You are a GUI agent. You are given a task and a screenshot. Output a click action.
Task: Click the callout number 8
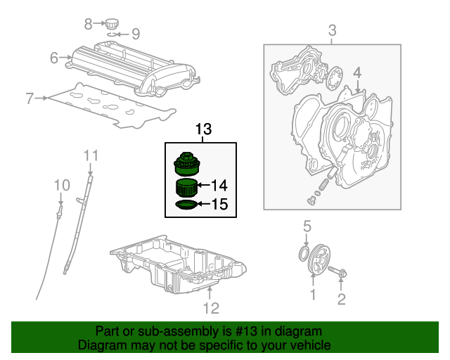(x=88, y=24)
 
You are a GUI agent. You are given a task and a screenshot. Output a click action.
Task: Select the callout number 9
(x=136, y=33)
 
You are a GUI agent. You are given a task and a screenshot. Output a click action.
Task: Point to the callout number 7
(x=30, y=98)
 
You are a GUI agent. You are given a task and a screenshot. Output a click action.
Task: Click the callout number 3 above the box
(x=333, y=30)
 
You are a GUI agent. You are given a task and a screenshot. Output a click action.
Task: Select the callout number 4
(x=357, y=72)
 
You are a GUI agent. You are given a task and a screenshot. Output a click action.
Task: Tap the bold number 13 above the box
(x=202, y=129)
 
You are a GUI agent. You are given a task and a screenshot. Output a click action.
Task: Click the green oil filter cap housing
(x=187, y=164)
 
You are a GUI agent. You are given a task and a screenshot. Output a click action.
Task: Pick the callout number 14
(x=219, y=186)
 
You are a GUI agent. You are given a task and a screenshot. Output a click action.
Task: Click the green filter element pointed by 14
(x=186, y=188)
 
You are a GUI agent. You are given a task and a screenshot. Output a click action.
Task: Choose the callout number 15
(x=219, y=205)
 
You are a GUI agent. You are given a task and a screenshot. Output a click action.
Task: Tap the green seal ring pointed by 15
(x=186, y=205)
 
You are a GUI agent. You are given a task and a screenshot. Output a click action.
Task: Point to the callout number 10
(x=62, y=185)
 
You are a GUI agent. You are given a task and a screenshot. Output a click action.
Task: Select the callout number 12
(x=211, y=308)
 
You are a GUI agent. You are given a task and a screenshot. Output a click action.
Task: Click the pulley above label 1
(x=317, y=258)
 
